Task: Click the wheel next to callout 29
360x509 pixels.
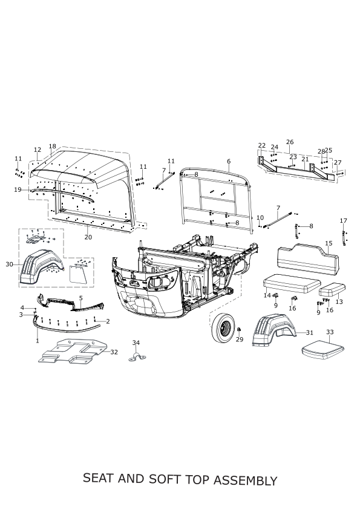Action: point(223,327)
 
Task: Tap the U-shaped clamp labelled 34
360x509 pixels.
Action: point(137,356)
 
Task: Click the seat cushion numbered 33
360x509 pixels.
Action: point(322,350)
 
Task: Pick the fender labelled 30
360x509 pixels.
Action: point(41,268)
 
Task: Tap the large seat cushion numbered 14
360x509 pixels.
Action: point(292,283)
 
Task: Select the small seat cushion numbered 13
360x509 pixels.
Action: point(332,290)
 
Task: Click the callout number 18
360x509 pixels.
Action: point(52,146)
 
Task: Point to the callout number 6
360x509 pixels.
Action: point(229,162)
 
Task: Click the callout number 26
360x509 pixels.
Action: point(290,142)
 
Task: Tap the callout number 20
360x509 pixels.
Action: point(88,237)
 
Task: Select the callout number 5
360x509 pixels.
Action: point(81,298)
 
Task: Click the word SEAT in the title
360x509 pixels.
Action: point(99,479)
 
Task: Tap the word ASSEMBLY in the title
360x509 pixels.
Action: point(246,480)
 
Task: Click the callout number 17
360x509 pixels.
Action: point(344,221)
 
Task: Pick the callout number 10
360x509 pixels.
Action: point(260,217)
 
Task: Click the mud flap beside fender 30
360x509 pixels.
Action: point(79,274)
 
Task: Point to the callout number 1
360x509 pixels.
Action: point(38,341)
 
